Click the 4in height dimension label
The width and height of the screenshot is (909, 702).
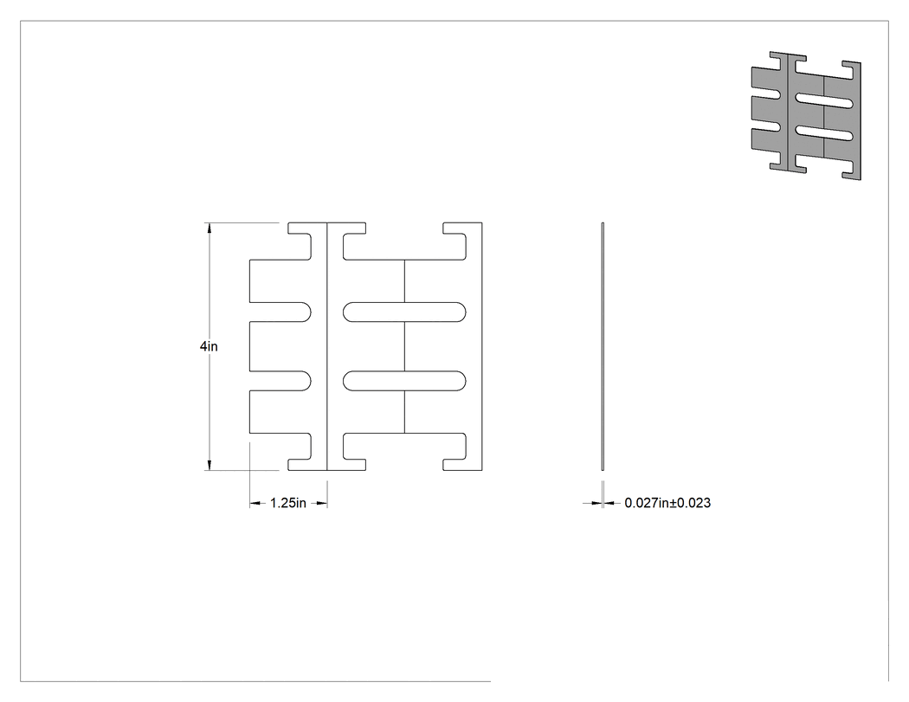coord(209,346)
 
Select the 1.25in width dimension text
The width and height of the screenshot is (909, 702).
coord(288,503)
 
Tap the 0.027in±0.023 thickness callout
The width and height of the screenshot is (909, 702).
coord(667,503)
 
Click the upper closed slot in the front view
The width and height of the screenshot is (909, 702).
coord(404,312)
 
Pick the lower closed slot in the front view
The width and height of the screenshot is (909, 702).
coord(404,380)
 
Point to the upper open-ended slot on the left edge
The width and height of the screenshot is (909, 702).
coord(280,312)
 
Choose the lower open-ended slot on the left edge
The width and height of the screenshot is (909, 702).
coord(280,380)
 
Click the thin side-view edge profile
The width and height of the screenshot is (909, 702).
coord(603,346)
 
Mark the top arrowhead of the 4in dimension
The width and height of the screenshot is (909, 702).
coord(210,228)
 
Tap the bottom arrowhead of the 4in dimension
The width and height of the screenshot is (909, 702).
coord(210,465)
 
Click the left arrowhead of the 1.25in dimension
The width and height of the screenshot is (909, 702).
coord(255,503)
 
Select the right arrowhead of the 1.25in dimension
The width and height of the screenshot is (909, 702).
coord(322,503)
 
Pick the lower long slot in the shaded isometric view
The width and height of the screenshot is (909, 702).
coord(824,133)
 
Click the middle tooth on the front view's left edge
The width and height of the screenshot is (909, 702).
coord(280,346)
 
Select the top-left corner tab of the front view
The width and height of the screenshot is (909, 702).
coord(300,241)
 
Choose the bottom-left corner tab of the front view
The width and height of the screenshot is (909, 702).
coord(300,452)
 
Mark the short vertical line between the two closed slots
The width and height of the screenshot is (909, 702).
coord(404,346)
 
